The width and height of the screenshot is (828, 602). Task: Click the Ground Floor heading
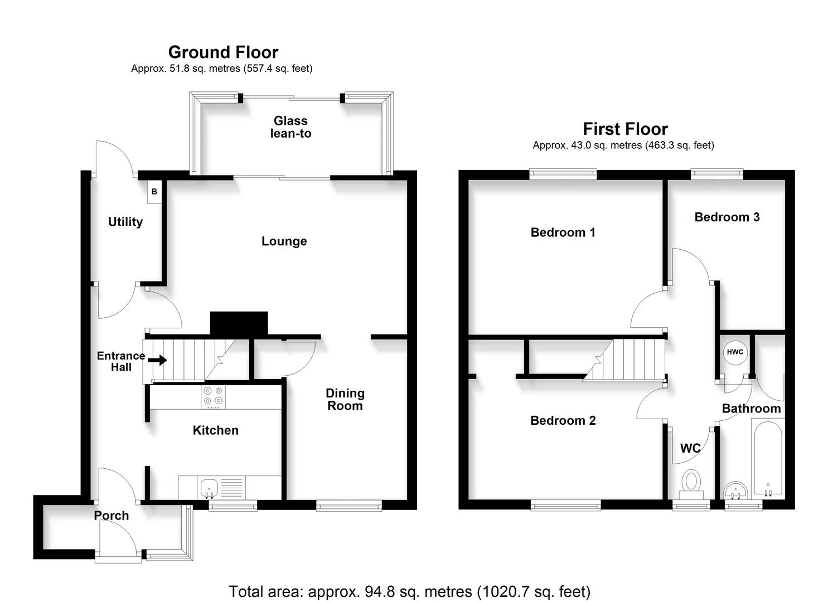[223, 52]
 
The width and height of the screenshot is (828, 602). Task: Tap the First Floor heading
[625, 129]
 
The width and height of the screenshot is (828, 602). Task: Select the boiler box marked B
[154, 191]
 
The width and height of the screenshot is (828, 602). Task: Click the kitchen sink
[209, 487]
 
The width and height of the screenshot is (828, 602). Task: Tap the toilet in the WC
[691, 483]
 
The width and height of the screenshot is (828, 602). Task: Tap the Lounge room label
[284, 241]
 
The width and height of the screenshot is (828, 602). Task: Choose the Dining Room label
[345, 400]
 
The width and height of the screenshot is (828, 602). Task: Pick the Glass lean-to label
[290, 127]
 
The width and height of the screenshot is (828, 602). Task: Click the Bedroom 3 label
[727, 217]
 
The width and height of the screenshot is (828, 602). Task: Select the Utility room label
[125, 222]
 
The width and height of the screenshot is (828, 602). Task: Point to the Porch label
[112, 516]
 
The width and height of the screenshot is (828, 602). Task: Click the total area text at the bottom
[409, 591]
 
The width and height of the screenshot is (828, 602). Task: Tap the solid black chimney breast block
[239, 323]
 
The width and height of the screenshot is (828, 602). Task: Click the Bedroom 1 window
[563, 174]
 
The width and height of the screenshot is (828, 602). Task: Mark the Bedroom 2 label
[563, 421]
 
